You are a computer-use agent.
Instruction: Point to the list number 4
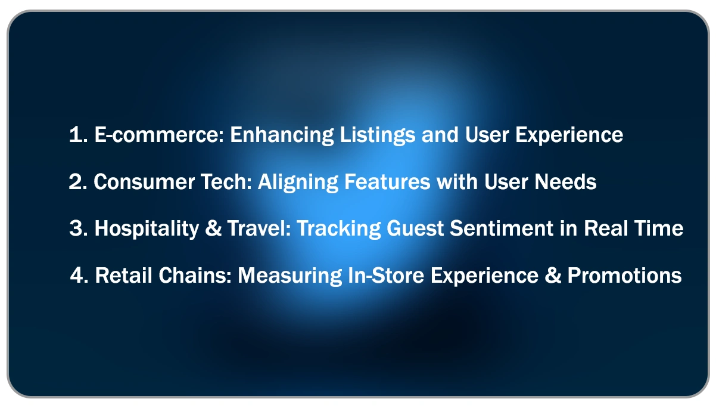(x=77, y=276)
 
